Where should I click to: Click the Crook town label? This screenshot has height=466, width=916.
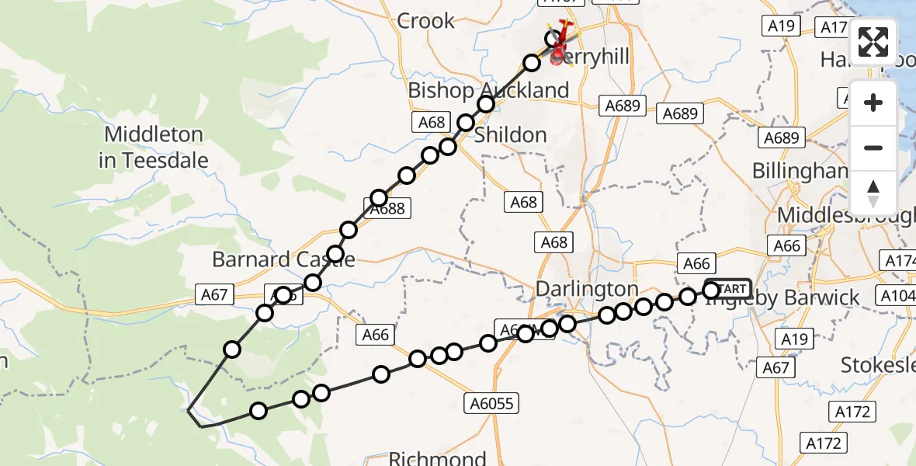(x=425, y=21)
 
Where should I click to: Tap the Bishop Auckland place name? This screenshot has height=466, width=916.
(x=488, y=90)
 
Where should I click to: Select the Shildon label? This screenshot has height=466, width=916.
(x=510, y=135)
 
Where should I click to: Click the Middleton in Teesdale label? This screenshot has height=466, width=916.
(x=154, y=148)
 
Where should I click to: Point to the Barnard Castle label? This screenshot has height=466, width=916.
(x=283, y=259)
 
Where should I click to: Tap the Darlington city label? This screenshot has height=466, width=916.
(x=587, y=290)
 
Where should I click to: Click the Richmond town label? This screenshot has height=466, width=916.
(x=436, y=457)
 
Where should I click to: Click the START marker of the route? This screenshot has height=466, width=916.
(x=730, y=289)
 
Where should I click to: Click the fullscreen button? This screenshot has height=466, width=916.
(x=873, y=42)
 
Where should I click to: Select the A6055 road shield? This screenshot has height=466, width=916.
(x=492, y=403)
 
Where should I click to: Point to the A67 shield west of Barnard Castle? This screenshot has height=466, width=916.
(x=214, y=294)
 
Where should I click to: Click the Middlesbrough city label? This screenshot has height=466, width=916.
(x=846, y=215)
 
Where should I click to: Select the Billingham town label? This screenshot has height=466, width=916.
(x=800, y=171)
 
